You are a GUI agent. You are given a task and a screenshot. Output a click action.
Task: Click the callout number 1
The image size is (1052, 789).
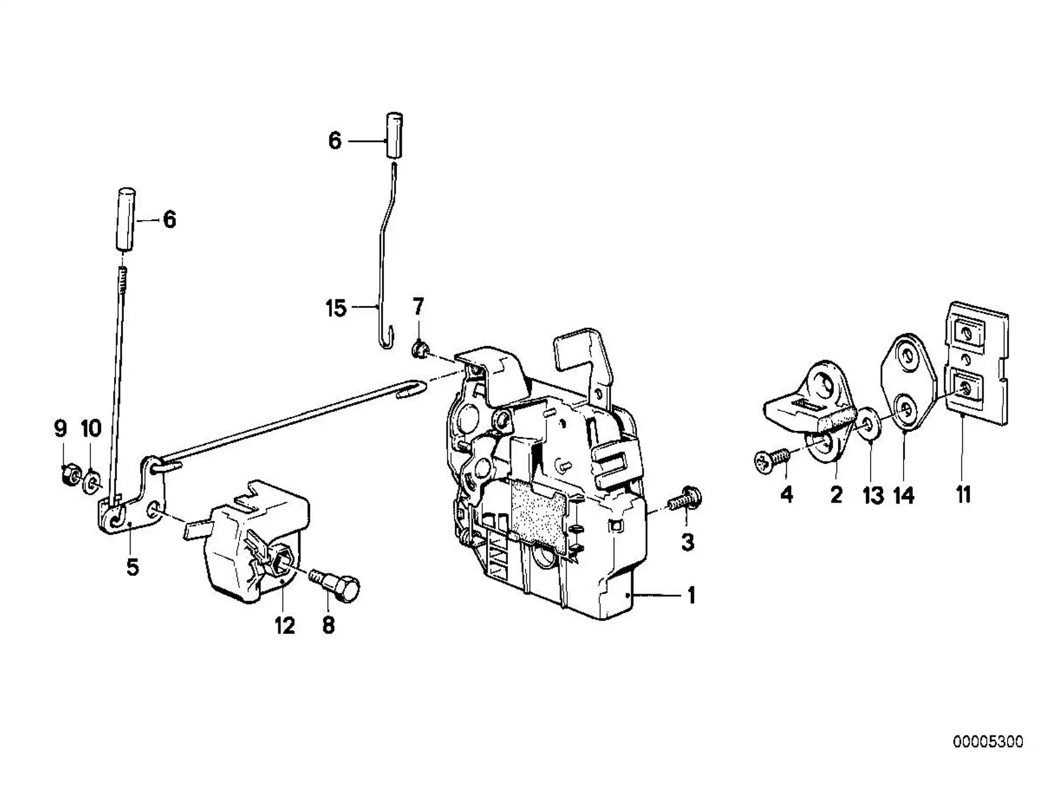pyautogui.click(x=691, y=595)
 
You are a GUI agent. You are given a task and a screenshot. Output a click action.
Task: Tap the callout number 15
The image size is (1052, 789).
pyautogui.click(x=336, y=308)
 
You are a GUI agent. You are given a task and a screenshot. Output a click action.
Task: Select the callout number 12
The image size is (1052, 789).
pyautogui.click(x=285, y=625)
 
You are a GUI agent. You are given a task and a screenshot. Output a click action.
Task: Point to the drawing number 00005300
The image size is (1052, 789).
pyautogui.click(x=988, y=742)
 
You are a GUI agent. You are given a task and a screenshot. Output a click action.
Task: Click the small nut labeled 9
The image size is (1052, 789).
pyautogui.click(x=71, y=474)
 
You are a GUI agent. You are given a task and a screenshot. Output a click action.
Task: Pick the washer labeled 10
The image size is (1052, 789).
pyautogui.click(x=92, y=481)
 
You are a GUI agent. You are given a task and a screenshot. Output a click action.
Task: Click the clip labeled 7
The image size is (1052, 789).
pyautogui.click(x=421, y=348)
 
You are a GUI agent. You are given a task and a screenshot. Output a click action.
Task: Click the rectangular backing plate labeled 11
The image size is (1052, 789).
pyautogui.click(x=977, y=370)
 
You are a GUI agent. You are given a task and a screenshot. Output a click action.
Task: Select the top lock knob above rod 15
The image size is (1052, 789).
pyautogui.click(x=395, y=135)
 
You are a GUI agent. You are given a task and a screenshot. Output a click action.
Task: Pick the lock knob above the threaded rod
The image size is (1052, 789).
pyautogui.click(x=126, y=220)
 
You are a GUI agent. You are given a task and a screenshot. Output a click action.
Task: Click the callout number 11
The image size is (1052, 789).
pyautogui.click(x=963, y=494)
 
